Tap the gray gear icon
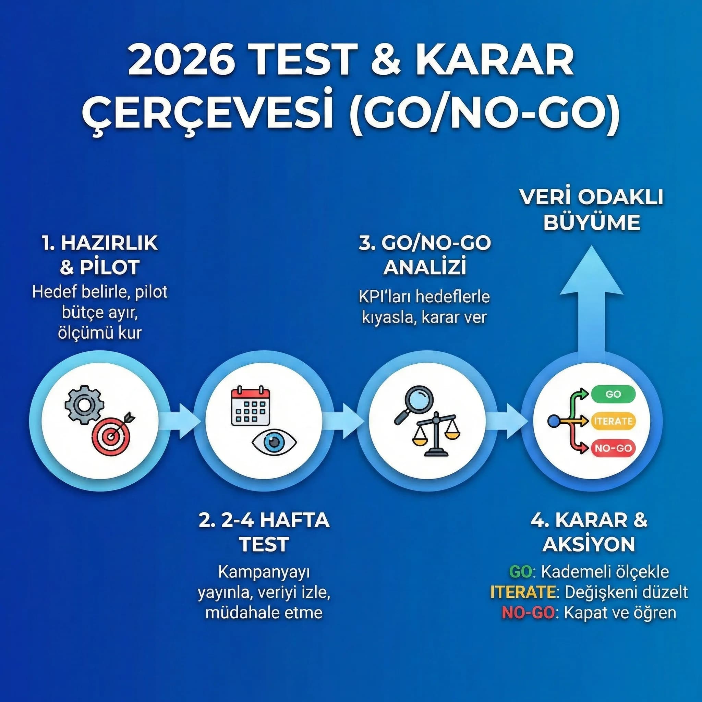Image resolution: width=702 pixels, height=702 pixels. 84,404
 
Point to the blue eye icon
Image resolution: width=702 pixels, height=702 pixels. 274,442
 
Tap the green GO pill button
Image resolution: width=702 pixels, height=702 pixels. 613,394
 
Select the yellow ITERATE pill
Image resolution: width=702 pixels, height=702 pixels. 613,421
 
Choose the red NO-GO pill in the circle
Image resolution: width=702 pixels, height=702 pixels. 613,448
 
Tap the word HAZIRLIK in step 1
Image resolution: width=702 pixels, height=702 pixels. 109,243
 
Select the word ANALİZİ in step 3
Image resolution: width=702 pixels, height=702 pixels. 425,268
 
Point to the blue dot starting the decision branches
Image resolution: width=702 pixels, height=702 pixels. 553,422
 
